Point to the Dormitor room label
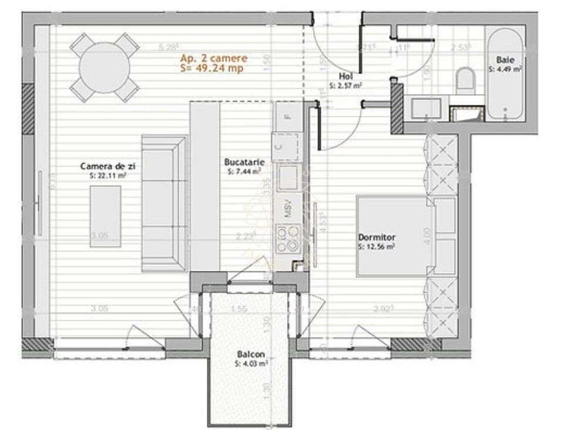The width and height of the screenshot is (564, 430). pos(377,237)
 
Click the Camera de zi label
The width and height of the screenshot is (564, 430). pos(104,167)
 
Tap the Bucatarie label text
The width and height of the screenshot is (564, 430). pos(244,162)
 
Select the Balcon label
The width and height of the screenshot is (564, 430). pos(251,354)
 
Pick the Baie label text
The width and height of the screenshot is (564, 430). pos(503,59)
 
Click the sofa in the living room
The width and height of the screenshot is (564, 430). pos(164,203)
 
